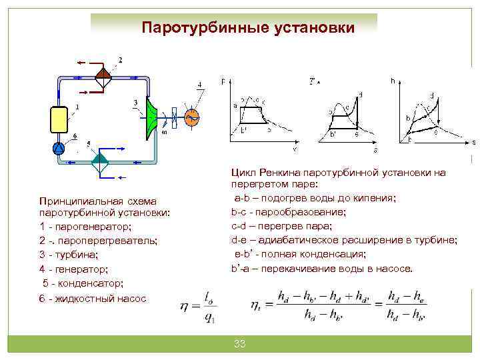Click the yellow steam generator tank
pos(59,121)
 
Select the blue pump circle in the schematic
pos(59,148)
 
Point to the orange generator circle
pos(192,117)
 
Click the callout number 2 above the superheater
pos(120,60)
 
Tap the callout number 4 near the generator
pos(199,85)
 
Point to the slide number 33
pos(240,344)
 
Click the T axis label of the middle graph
pos(312,82)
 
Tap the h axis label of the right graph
pos(393,80)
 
